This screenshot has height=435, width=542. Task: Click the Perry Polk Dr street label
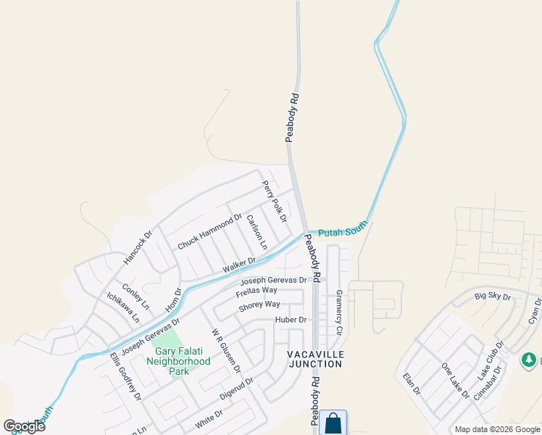275,202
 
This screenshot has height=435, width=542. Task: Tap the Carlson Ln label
257,231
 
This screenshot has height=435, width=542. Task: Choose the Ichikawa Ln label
122,307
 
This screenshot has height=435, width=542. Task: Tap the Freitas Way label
257,291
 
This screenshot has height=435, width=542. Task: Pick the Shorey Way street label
259,305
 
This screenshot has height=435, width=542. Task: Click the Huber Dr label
291,320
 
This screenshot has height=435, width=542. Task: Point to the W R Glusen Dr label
225,350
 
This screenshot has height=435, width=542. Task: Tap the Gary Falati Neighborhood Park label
178,361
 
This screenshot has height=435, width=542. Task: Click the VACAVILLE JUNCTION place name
316,359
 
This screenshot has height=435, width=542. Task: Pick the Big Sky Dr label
493,297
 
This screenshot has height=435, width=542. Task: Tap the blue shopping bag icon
333,423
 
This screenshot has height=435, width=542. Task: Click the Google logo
24,426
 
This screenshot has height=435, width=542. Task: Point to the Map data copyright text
496,429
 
